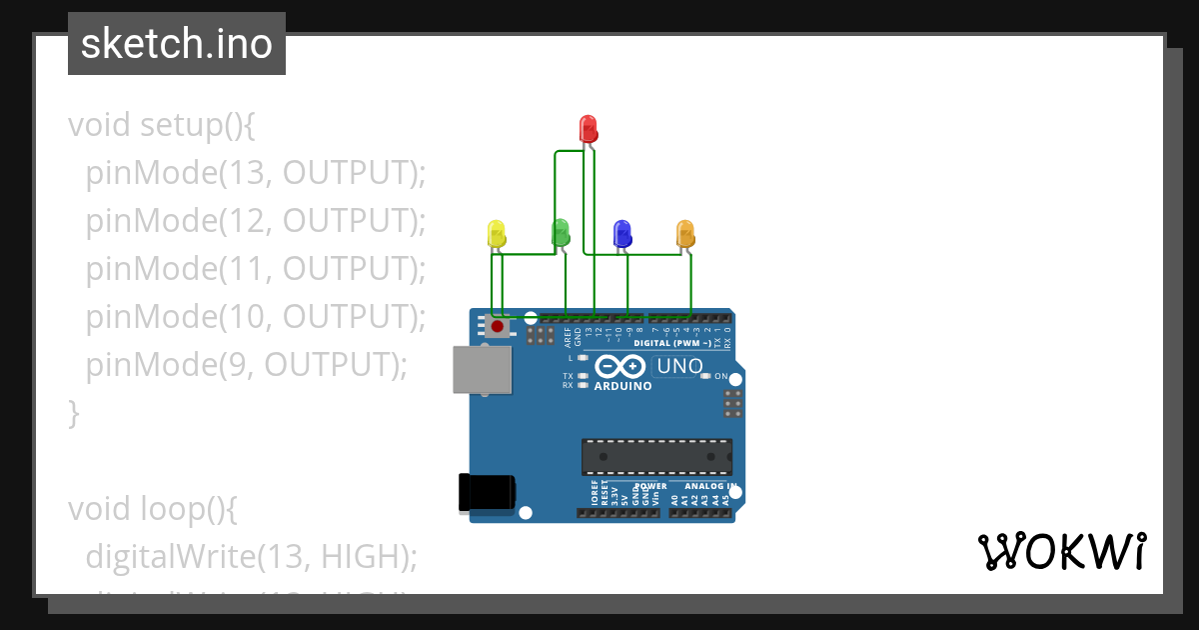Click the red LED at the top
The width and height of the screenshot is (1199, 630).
point(589,128)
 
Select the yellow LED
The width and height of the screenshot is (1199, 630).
point(497,234)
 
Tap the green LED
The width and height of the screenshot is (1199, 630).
point(561,233)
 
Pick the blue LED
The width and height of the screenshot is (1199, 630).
point(621,234)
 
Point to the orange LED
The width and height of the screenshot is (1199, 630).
point(685,234)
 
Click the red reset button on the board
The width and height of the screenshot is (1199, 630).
point(497,326)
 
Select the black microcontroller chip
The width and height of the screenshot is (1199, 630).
point(656,456)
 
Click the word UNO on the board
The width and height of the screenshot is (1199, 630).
point(680,367)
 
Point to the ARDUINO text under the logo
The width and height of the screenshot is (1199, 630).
point(622,386)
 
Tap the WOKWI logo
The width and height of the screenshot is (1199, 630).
point(1061,551)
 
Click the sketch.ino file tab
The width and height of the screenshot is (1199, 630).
point(177,44)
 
